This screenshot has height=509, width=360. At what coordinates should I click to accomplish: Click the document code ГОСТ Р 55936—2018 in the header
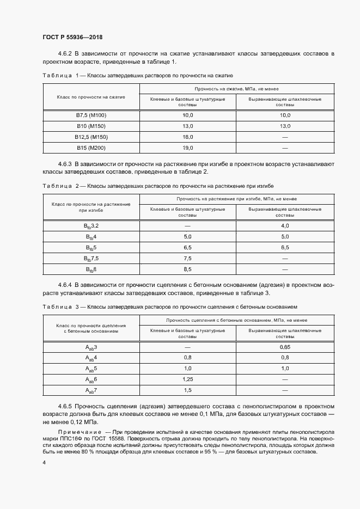(x=72, y=38)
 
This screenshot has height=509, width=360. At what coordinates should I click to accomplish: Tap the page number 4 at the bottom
(x=44, y=462)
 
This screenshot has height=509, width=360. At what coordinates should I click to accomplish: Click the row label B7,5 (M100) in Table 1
(x=91, y=115)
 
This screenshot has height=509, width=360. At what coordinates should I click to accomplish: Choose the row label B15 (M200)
(x=91, y=147)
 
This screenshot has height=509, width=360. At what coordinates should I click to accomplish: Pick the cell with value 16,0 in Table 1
(x=188, y=137)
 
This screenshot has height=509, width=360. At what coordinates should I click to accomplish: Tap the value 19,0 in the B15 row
(x=188, y=147)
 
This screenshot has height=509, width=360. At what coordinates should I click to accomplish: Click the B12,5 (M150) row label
(x=91, y=137)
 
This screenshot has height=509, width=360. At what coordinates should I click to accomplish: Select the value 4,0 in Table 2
(x=285, y=225)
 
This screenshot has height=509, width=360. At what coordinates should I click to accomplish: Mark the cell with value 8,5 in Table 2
(x=188, y=269)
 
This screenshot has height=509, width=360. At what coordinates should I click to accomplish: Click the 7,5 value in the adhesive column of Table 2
(x=188, y=258)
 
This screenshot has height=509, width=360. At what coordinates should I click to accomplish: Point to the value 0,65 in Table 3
(x=285, y=347)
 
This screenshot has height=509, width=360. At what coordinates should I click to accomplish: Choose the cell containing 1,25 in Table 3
(x=188, y=379)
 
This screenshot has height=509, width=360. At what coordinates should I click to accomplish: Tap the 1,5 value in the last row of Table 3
(x=188, y=390)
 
